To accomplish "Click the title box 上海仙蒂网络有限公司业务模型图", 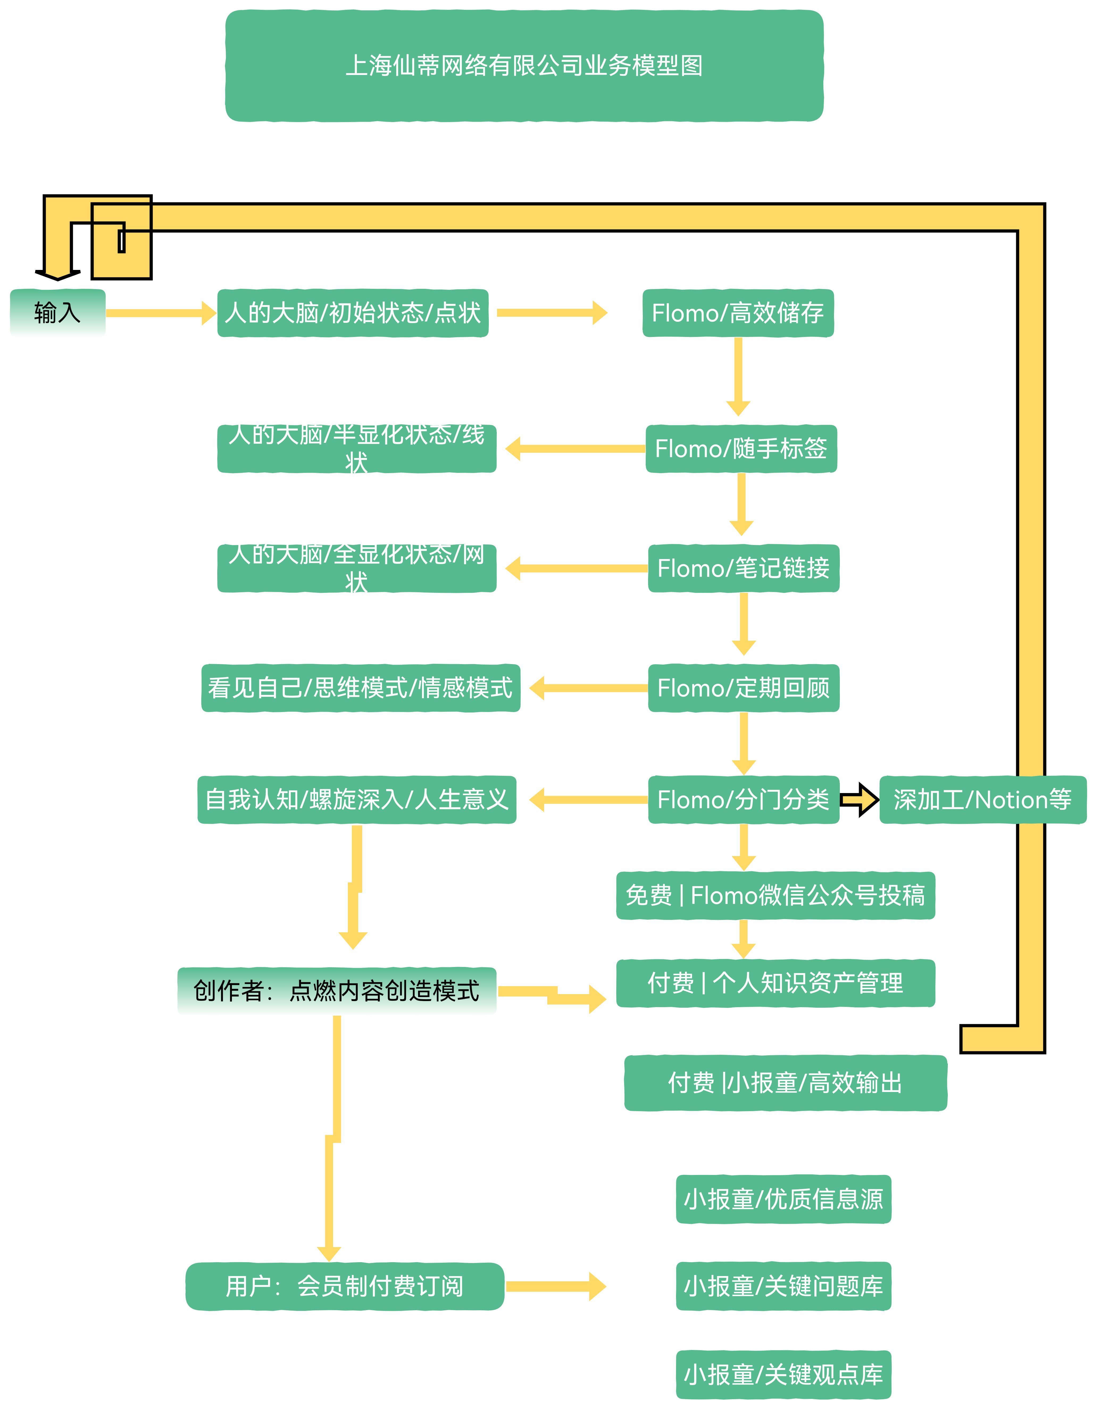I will coord(524,65).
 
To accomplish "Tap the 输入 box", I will coord(57,313).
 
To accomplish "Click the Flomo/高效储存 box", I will coord(737,313).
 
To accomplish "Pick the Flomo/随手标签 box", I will coord(741,448).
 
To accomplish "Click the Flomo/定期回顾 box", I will coord(743,688).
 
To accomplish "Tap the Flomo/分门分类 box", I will coord(743,799).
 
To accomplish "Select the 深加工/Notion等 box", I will coord(982,799).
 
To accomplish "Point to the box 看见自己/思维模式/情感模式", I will coord(360,688).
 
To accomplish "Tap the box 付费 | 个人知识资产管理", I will coord(775,983).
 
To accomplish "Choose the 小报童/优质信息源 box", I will coord(783,1199).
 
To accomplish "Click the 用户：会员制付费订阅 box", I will coord(345,1286).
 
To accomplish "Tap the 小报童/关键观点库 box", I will coord(783,1374).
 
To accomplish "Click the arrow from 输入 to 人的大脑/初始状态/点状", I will coord(160,313).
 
